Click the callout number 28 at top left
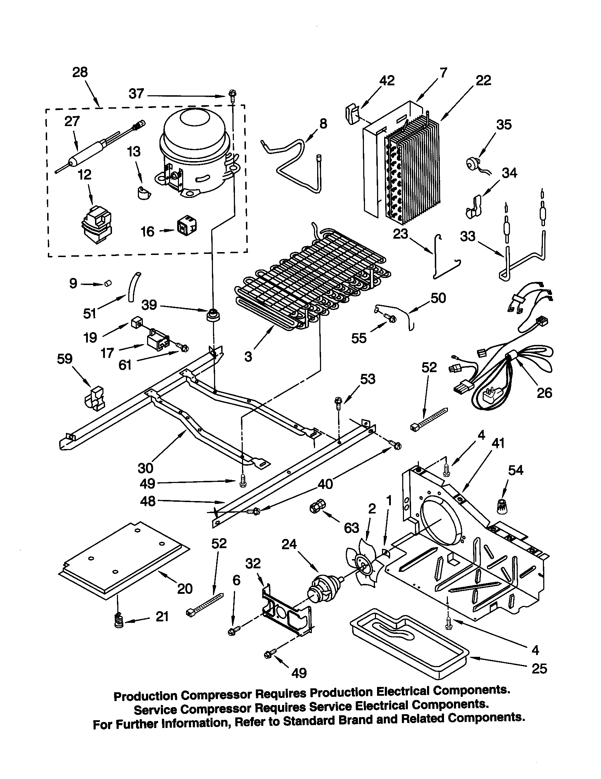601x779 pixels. [80, 72]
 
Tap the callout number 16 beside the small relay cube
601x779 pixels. [147, 232]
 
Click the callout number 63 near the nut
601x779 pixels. [351, 528]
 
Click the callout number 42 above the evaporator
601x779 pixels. [387, 80]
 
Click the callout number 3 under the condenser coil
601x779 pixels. [248, 356]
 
